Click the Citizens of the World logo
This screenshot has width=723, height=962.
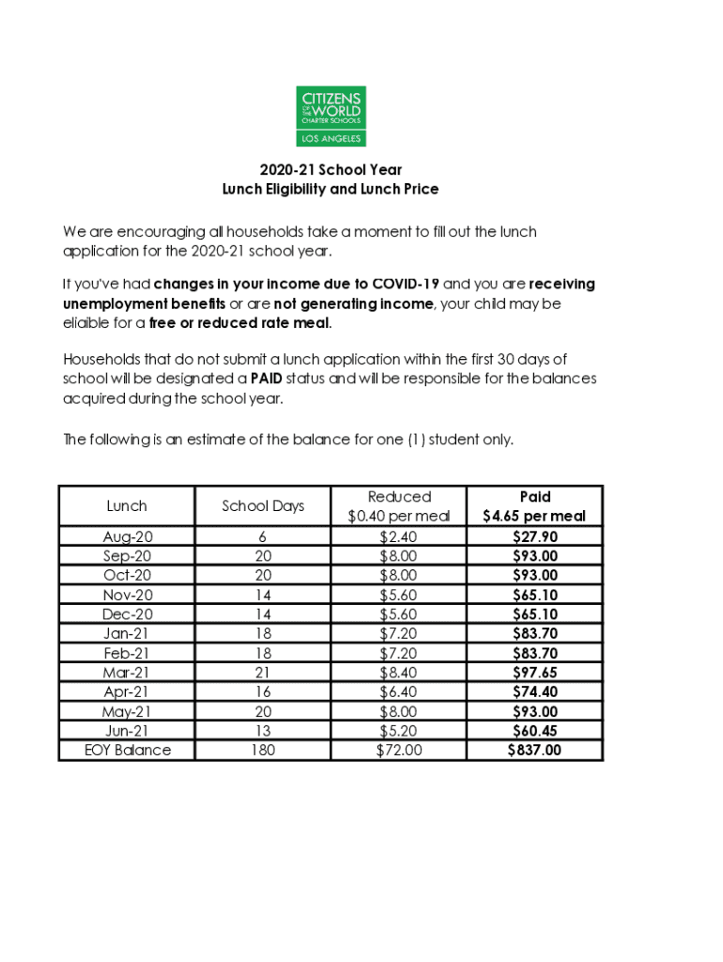click(331, 116)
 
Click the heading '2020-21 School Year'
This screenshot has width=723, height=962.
click(331, 170)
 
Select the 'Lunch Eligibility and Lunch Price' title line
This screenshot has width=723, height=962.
click(331, 189)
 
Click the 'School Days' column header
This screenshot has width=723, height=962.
click(263, 505)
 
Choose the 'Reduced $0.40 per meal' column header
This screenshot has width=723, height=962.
click(399, 505)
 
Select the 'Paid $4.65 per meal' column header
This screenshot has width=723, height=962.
click(534, 505)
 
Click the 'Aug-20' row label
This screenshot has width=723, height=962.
click(127, 536)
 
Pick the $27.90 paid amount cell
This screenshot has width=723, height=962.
click(534, 536)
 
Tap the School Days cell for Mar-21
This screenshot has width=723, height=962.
click(263, 673)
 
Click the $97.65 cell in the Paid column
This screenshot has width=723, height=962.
click(534, 673)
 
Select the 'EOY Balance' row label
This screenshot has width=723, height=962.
click(127, 750)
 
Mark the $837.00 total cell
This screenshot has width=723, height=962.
click(534, 750)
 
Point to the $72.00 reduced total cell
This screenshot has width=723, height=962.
click(399, 750)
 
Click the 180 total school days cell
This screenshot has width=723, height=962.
click(263, 750)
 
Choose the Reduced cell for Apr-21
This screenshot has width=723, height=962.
click(399, 691)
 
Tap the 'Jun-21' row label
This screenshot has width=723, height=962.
click(127, 730)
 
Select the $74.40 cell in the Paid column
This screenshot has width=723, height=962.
click(534, 691)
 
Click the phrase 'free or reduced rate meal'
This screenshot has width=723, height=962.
click(239, 323)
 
